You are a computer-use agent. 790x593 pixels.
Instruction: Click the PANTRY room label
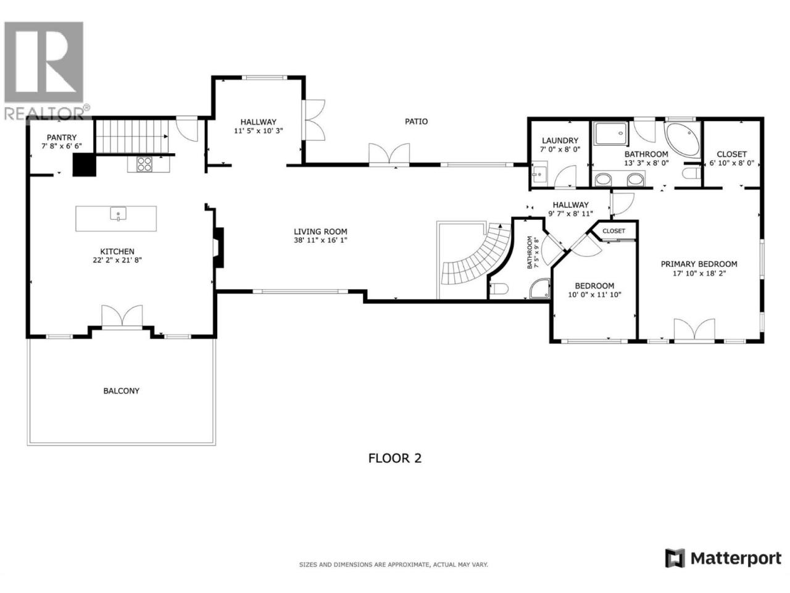(62, 138)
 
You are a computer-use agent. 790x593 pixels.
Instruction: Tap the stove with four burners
(144, 164)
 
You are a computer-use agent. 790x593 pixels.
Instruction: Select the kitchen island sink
(118, 213)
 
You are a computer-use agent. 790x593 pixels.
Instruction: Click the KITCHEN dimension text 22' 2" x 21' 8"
(117, 260)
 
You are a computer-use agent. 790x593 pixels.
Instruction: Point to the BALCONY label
(122, 390)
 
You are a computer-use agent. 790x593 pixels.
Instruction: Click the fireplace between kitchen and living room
(218, 248)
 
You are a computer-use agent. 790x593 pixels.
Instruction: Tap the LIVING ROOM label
(320, 232)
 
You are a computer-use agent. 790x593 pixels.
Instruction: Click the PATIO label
(417, 121)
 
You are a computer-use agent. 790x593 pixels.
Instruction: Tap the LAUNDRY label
(560, 140)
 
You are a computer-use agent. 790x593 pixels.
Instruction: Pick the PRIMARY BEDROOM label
(699, 264)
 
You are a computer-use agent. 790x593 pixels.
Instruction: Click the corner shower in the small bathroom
(540, 288)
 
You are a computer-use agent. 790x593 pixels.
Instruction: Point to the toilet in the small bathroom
(499, 288)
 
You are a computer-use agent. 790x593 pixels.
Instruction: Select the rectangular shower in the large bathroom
(611, 133)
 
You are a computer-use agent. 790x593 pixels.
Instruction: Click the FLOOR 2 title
(395, 458)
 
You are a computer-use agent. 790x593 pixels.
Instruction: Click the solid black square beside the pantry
(84, 165)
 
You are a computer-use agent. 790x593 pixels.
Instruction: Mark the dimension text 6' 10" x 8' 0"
(731, 162)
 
